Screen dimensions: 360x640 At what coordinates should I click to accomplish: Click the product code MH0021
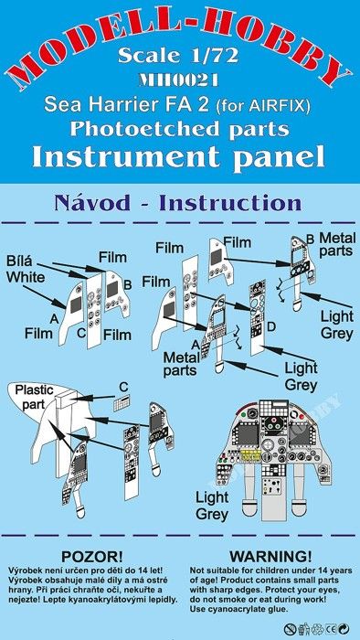tap(178, 80)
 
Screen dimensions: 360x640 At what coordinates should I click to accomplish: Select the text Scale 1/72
tap(178, 55)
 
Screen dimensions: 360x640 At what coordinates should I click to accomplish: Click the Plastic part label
tap(34, 397)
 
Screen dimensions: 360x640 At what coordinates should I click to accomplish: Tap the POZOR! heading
tap(91, 556)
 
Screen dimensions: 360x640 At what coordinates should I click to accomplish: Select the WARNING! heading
tap(270, 556)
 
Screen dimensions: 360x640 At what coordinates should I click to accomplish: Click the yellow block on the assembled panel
tap(252, 454)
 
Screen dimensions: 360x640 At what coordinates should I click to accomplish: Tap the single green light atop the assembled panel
tap(244, 415)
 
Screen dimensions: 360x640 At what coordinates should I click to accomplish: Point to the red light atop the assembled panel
tap(302, 417)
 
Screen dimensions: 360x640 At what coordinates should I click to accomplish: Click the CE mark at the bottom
tap(331, 628)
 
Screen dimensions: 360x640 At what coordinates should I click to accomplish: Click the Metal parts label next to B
tap(335, 244)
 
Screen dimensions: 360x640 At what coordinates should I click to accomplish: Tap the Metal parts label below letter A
tap(181, 364)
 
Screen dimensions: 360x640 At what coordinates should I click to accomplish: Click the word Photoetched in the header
tap(132, 129)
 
